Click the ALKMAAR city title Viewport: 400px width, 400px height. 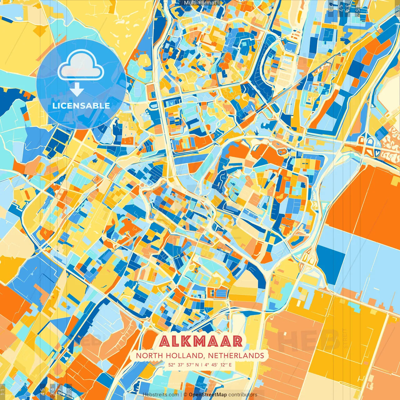(x=200, y=341)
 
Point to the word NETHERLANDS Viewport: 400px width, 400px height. (x=236, y=356)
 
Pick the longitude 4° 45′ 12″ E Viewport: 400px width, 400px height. (x=218, y=364)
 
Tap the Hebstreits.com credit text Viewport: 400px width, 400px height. (x=161, y=395)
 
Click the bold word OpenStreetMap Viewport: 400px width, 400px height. (x=207, y=395)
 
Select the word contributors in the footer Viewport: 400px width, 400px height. (x=243, y=395)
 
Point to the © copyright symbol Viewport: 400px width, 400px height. (x=185, y=395)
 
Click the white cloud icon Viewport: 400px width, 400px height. (x=81, y=66)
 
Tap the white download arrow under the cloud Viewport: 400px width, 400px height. (x=77, y=90)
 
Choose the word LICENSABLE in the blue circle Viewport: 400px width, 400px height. (x=81, y=106)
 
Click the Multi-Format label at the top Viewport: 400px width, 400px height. (x=200, y=3)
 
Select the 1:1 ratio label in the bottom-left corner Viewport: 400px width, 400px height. (x=3, y=392)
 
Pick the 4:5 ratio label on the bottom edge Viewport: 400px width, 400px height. (x=43, y=391)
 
